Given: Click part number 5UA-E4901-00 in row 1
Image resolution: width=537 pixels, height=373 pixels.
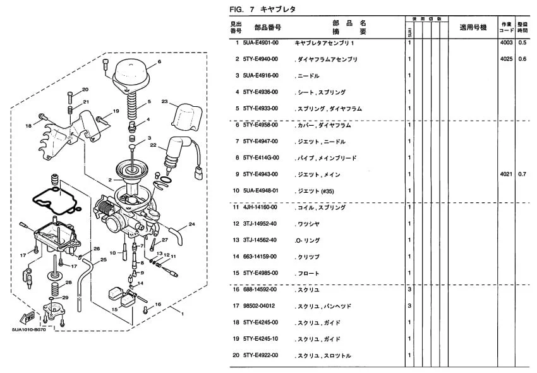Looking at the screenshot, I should [x=260, y=42].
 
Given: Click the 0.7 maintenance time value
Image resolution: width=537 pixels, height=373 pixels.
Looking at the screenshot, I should [x=522, y=174].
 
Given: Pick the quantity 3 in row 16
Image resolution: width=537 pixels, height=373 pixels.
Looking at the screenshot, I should [x=410, y=289].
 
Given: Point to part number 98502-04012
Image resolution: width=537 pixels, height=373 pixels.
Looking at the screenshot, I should [x=259, y=305].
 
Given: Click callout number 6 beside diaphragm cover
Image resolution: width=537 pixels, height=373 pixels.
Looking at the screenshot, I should [x=159, y=61].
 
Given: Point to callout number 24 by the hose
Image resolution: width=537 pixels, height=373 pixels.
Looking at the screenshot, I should [x=192, y=224].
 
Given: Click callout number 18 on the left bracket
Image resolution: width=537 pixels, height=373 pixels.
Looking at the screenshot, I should [x=28, y=126].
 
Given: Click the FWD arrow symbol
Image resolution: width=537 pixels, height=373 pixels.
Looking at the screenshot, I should [x=28, y=317].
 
